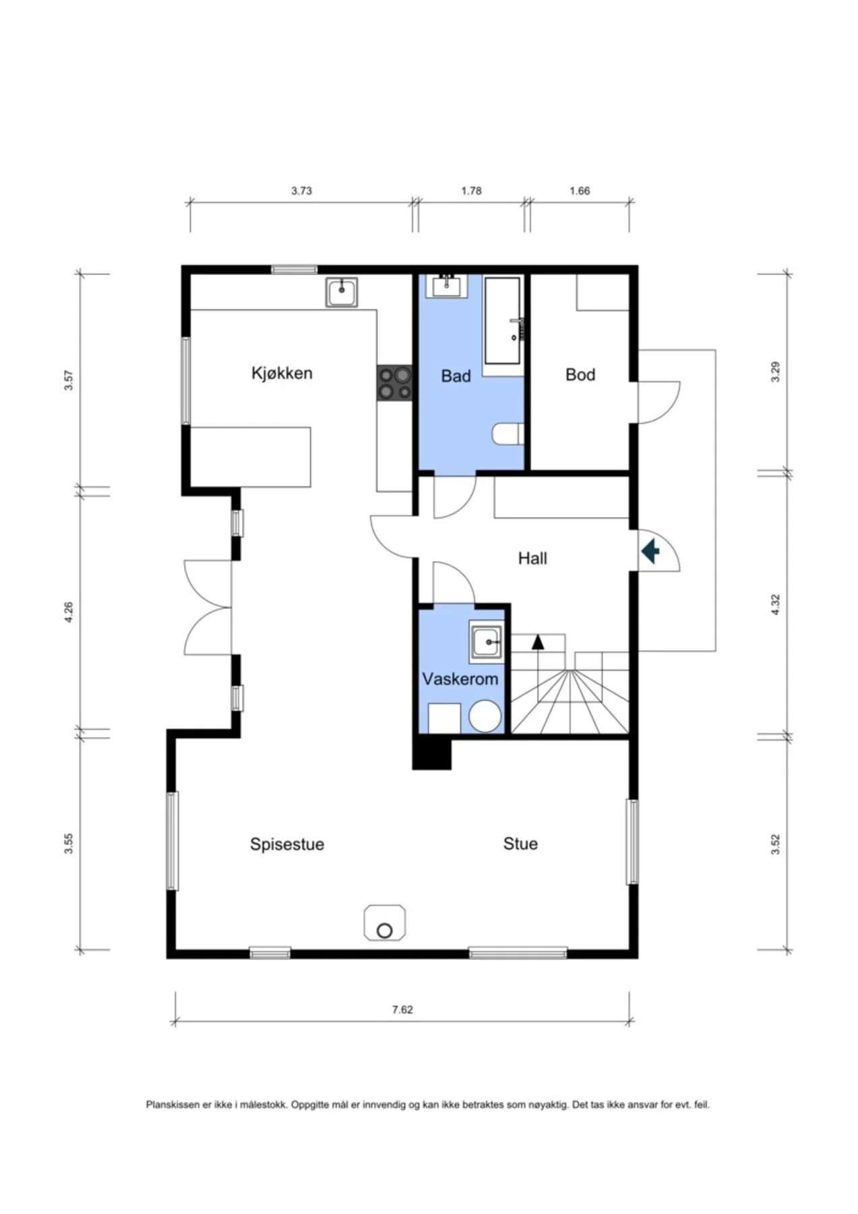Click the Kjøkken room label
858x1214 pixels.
282,374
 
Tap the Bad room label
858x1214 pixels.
456,376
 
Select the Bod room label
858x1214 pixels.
580,374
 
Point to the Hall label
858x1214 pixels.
532,558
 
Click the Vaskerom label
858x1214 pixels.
460,678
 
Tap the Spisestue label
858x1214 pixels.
287,844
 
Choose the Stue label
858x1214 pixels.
520,843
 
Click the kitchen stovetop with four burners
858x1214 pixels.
394,383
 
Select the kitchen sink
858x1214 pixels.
342,293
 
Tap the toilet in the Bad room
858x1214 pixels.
508,434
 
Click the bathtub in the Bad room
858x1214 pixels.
503,320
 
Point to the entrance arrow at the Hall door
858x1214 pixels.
650,552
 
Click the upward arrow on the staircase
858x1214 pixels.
538,641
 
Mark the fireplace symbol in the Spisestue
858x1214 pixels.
385,923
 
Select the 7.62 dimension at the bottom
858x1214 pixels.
402,1010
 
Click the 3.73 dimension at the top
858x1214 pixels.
301,191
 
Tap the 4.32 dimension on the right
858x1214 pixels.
775,604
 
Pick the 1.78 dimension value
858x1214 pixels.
471,191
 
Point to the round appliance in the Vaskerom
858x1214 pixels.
485,716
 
